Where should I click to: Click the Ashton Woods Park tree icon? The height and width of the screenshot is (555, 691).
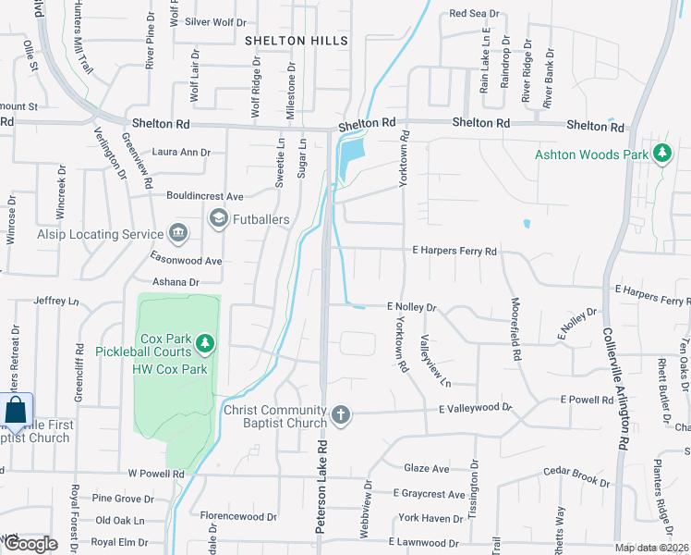661,154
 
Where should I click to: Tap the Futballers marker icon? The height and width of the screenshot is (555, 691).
219,219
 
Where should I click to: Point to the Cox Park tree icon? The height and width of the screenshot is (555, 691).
205,345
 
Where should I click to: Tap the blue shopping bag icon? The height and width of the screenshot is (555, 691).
16,410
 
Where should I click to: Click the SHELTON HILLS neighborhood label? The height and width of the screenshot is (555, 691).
297,41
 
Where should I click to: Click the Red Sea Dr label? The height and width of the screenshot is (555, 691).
473,14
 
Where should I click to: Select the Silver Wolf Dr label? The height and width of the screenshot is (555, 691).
215,21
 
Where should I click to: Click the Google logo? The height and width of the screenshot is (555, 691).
30,544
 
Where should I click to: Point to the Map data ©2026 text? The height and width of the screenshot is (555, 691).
651,549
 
